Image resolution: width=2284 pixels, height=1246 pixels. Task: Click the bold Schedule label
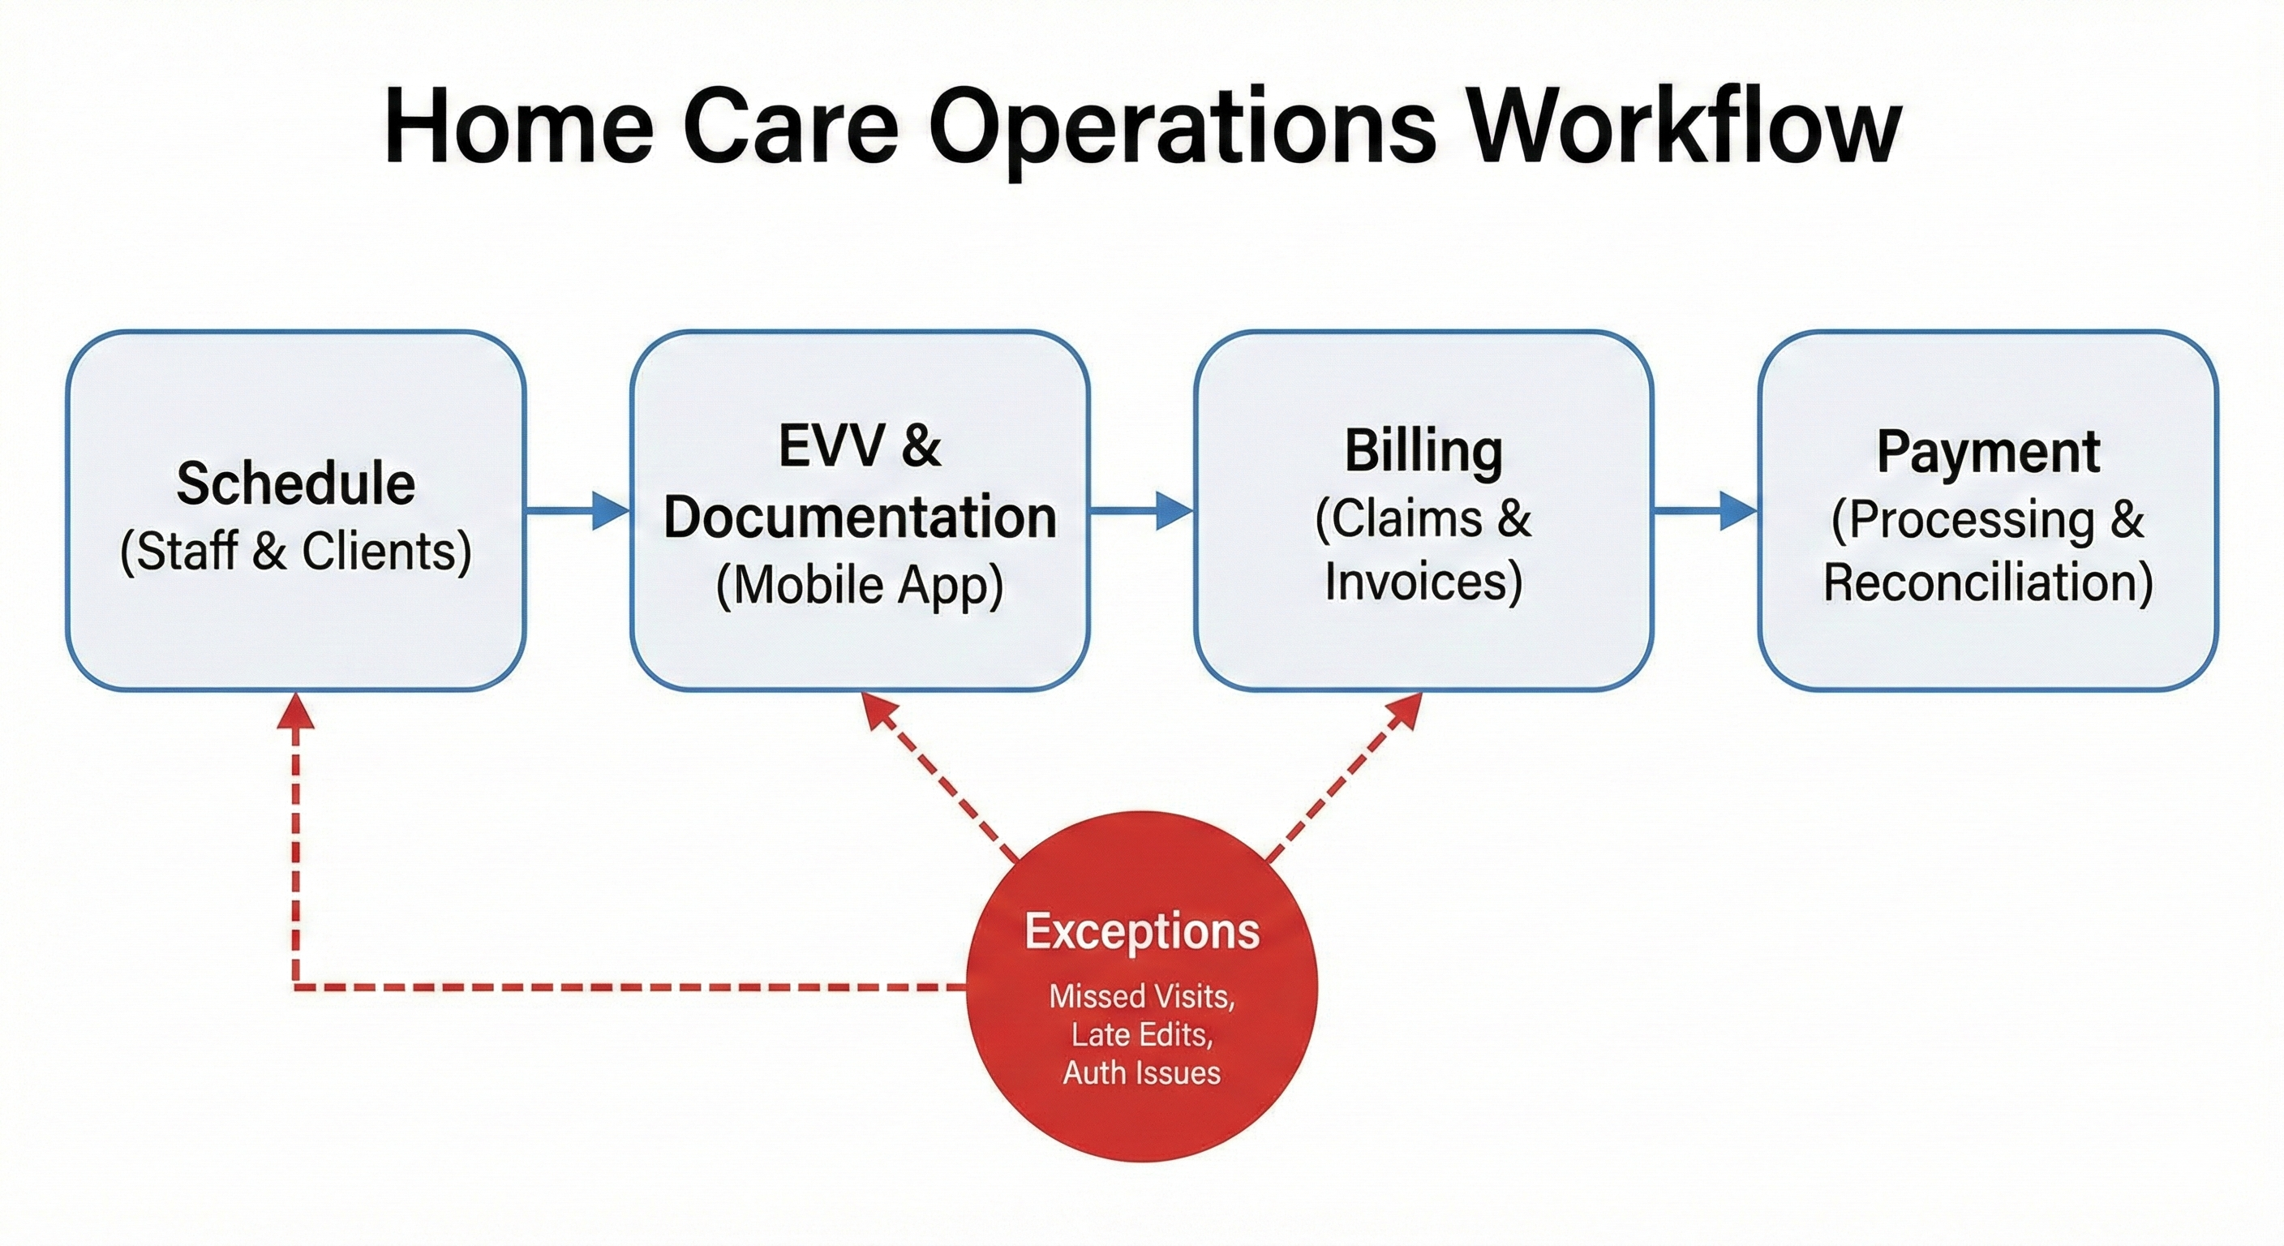(295, 484)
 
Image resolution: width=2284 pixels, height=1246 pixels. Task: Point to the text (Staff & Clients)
(295, 552)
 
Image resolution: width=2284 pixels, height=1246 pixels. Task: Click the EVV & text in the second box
(859, 445)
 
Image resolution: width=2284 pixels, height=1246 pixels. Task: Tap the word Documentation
(859, 517)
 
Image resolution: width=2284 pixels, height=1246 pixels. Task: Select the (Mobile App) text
(859, 586)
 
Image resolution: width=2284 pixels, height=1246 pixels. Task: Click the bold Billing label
(1423, 451)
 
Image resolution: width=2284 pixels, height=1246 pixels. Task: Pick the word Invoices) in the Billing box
(1423, 582)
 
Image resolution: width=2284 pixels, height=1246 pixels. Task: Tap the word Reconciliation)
(1988, 582)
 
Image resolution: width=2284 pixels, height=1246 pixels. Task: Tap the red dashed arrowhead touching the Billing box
(1403, 710)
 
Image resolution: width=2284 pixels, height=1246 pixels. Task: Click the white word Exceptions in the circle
(1142, 931)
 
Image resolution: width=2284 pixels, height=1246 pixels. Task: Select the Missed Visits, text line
(1142, 996)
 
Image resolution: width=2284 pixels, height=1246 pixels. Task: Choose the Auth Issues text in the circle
(1142, 1073)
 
